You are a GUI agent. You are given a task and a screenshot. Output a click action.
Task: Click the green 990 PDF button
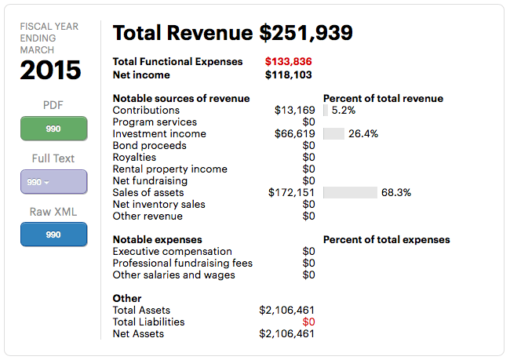(53, 129)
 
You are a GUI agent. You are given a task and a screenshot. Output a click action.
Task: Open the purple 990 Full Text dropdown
(53, 182)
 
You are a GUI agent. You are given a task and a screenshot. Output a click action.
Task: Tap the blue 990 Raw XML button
(53, 235)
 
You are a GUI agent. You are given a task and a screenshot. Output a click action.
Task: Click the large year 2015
(51, 71)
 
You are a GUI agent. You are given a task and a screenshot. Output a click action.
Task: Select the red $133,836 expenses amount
(289, 62)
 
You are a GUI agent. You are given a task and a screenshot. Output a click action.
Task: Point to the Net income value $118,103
(289, 75)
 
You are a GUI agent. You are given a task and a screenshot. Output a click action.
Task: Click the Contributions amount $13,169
(294, 111)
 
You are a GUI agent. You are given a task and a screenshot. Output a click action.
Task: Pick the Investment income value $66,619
(294, 134)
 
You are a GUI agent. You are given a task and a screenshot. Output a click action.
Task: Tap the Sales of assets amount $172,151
(291, 193)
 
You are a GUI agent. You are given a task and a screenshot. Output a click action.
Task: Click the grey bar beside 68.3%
(350, 193)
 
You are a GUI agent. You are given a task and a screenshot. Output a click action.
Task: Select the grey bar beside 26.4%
(333, 134)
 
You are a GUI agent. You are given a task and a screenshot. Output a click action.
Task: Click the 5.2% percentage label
(344, 111)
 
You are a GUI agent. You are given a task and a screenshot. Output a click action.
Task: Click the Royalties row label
(134, 158)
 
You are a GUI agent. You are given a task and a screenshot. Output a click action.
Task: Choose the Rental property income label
(169, 169)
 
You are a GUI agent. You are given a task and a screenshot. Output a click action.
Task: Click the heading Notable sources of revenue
(181, 99)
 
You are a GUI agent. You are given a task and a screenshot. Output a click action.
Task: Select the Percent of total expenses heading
(386, 240)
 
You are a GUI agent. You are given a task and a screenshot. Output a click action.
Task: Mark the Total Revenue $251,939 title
(232, 33)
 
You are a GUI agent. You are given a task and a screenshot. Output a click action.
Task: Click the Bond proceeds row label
(149, 146)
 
